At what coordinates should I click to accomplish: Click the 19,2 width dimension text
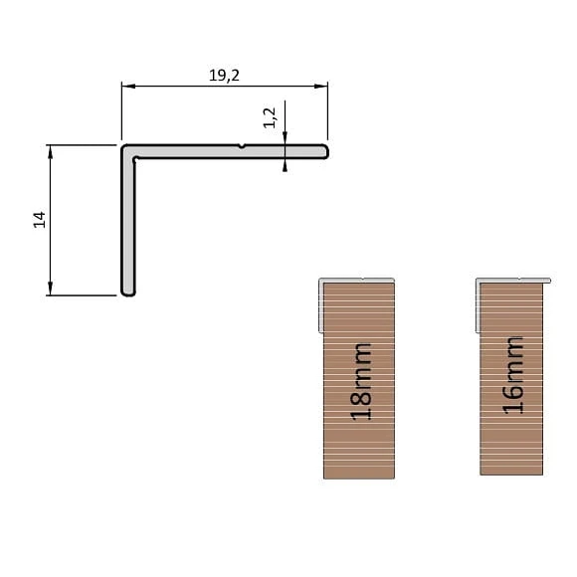point(225,75)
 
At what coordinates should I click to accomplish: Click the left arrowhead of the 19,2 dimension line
point(126,87)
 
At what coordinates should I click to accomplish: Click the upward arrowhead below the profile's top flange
point(286,165)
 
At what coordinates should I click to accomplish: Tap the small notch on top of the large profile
point(242,146)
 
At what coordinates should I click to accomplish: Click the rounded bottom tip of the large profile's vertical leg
point(127,292)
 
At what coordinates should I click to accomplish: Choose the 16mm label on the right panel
point(512,373)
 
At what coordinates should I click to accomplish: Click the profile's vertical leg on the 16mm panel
point(478,303)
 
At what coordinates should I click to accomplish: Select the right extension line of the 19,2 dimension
point(328,109)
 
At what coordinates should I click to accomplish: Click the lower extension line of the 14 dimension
point(85,295)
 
